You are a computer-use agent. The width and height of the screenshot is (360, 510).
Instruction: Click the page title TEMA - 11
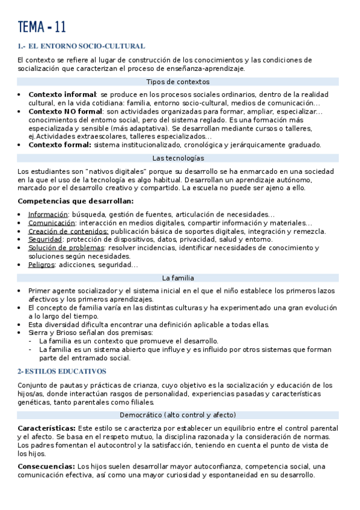(x=42, y=27)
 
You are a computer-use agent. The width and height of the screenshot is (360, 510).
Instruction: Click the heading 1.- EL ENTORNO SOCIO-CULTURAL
(x=81, y=46)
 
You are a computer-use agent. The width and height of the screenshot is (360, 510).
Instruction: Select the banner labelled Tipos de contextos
(x=178, y=82)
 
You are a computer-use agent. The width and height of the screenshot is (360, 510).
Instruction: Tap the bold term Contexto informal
(x=63, y=94)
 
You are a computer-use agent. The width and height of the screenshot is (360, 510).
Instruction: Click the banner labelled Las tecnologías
(x=178, y=158)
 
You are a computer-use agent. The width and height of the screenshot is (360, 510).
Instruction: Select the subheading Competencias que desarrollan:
(x=76, y=201)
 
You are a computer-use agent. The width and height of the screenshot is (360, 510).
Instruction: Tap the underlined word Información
(x=48, y=215)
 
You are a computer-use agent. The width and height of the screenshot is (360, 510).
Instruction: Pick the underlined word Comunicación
(x=51, y=223)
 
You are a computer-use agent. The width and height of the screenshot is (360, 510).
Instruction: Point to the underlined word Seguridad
(x=45, y=239)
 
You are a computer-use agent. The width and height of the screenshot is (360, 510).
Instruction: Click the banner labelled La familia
(x=178, y=278)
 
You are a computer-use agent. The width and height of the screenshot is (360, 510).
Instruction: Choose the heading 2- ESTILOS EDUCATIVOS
(x=62, y=372)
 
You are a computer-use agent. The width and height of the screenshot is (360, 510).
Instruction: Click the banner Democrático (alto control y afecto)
(x=178, y=415)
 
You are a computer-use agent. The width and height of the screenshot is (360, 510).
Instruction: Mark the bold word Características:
(x=46, y=428)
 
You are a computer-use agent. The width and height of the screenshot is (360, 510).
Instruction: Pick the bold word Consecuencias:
(x=46, y=466)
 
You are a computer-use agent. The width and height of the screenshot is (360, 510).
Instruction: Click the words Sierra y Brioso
(x=56, y=333)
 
